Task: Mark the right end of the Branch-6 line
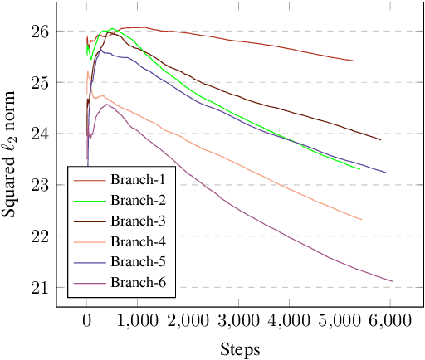click(x=393, y=281)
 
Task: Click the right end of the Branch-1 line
click(x=354, y=61)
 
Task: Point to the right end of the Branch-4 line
click(x=362, y=220)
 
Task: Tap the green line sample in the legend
click(x=88, y=200)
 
